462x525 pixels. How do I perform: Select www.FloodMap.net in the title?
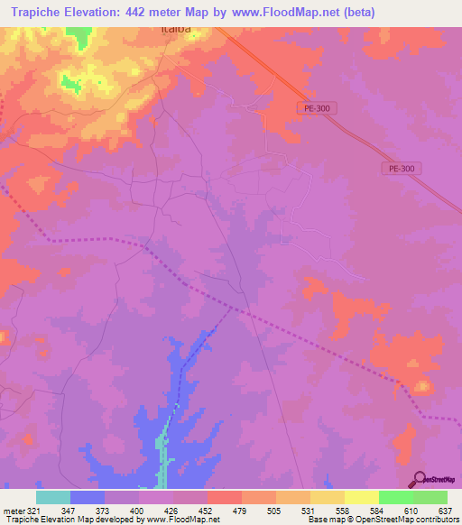coord(282,13)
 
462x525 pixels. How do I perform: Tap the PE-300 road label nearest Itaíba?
coord(315,107)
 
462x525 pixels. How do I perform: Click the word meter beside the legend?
coord(12,511)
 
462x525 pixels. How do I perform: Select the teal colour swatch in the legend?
coord(53,497)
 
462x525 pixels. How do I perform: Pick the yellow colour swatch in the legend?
coord(361,497)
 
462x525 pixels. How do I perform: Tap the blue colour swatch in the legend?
coord(88,497)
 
